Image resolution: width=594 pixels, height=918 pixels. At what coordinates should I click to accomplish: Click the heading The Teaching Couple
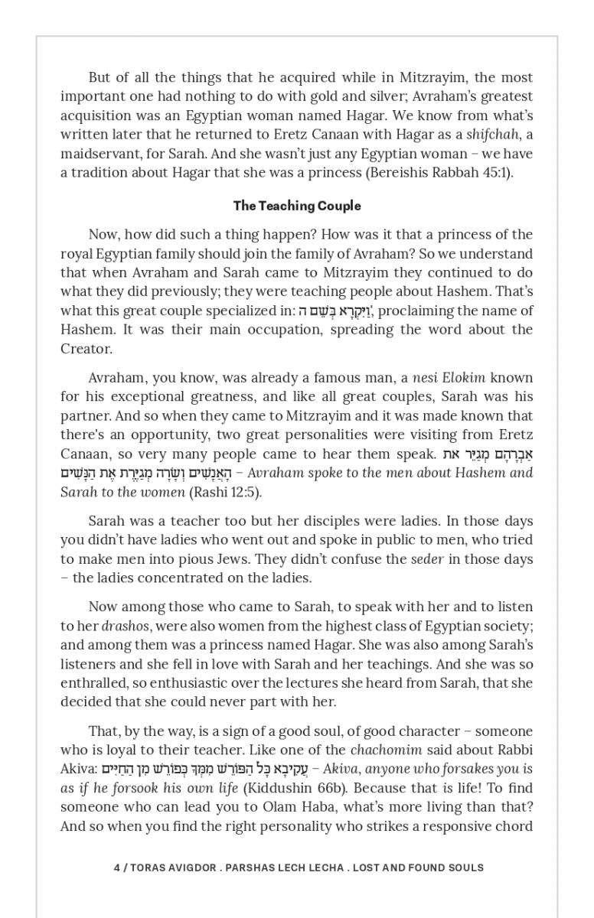[x=297, y=206]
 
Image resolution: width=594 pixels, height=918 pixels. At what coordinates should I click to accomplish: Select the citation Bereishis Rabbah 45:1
[x=439, y=173]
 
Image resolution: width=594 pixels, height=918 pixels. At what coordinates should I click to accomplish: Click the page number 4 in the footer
[x=116, y=868]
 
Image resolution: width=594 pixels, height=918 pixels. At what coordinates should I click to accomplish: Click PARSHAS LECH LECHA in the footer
[x=277, y=868]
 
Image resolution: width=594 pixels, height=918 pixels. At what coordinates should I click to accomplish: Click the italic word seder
[x=427, y=559]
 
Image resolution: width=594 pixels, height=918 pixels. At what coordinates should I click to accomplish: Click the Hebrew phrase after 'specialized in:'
[x=335, y=311]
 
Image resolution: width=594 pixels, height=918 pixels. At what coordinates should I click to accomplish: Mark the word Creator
[x=86, y=349]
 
